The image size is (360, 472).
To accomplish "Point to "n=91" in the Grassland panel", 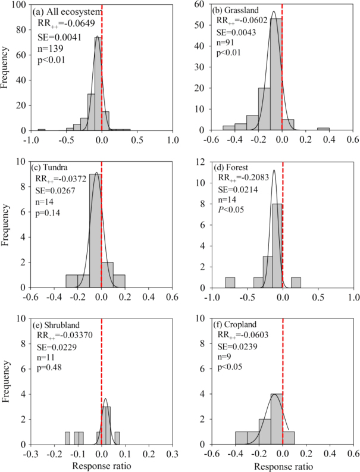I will coord(227,42).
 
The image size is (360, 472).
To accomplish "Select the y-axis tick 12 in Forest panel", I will coord(199,161).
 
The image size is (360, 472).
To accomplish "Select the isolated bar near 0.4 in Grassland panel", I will coord(323,129).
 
